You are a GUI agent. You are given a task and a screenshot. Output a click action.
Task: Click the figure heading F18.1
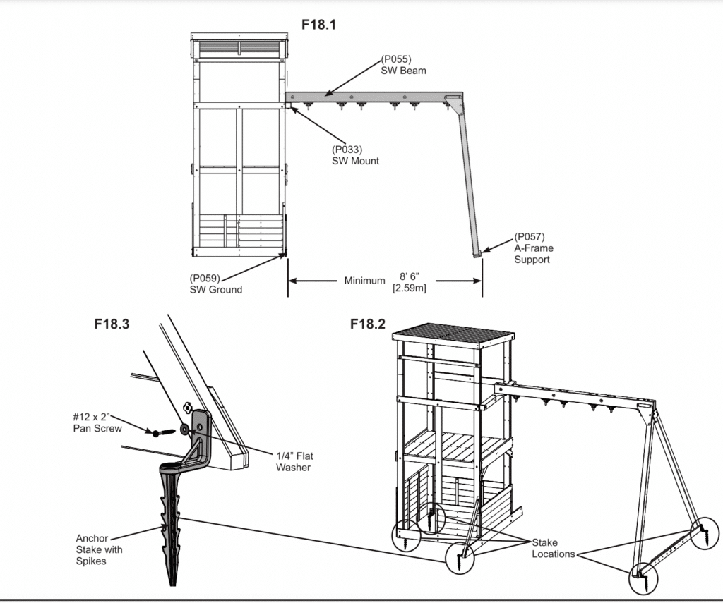pos(318,25)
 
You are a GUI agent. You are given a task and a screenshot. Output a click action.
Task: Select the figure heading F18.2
pos(367,324)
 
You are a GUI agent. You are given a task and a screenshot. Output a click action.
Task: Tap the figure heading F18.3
pos(112,324)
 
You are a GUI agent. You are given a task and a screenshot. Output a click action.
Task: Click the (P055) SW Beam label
pos(403,66)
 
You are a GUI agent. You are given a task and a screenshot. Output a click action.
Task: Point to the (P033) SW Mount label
pos(355,155)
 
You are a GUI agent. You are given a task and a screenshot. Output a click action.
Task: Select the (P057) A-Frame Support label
pos(533,248)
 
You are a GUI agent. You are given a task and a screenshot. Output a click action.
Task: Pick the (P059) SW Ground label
pos(215,284)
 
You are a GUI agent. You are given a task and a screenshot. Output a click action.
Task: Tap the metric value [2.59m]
pos(408,287)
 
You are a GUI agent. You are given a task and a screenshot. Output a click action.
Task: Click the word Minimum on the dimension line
pos(364,281)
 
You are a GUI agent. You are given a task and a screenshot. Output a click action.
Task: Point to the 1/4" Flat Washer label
pos(293,462)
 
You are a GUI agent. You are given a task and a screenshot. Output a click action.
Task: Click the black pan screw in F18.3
pos(161,432)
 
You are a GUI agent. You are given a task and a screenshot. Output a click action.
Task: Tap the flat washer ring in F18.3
pos(184,427)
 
